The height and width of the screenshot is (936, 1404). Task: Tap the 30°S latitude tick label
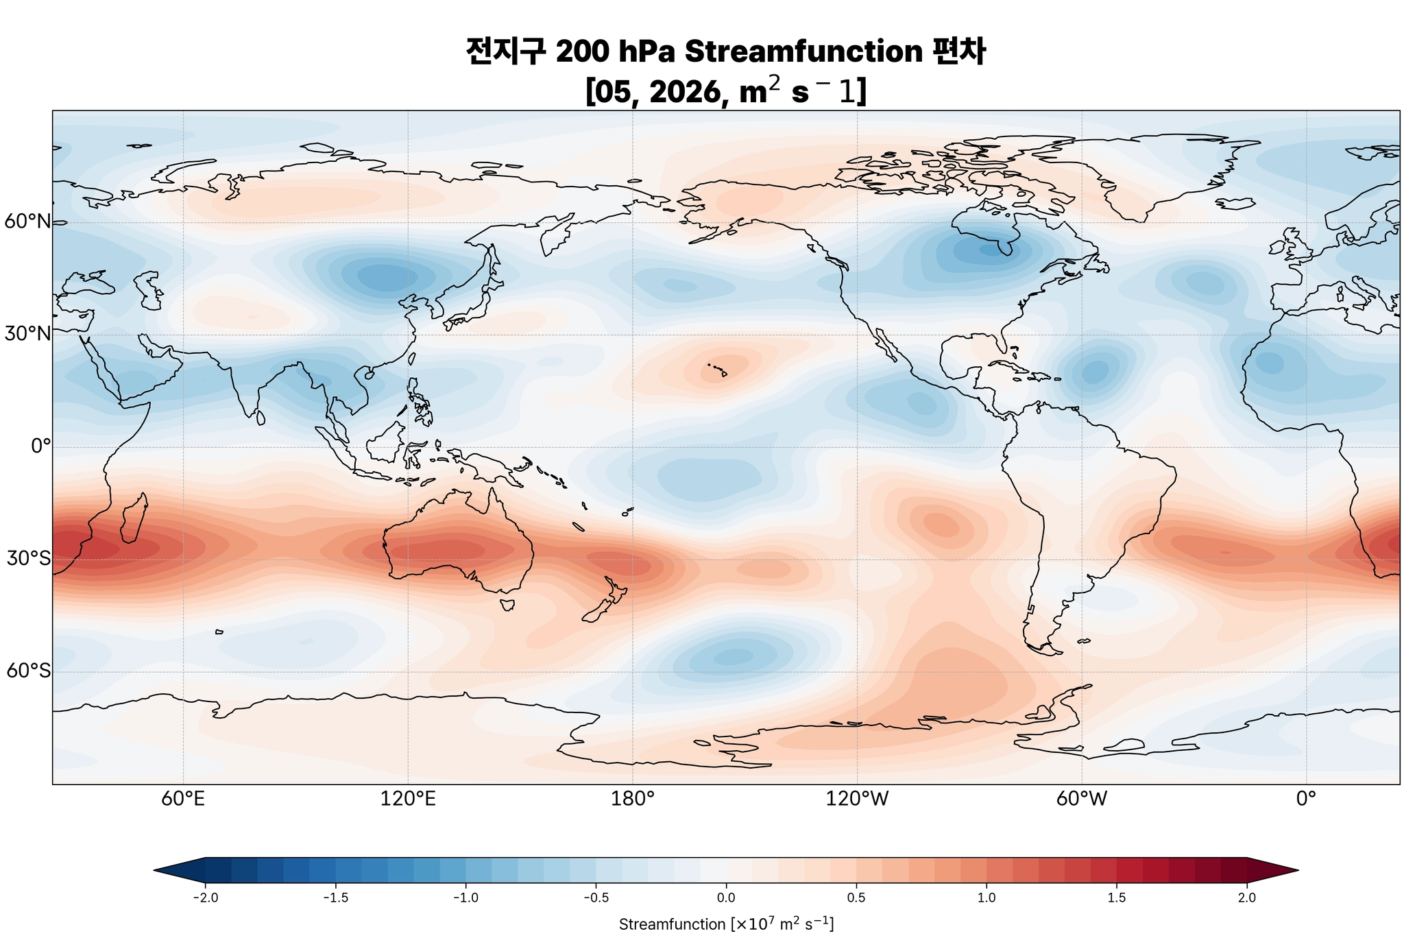(x=28, y=559)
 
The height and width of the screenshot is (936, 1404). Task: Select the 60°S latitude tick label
(x=28, y=671)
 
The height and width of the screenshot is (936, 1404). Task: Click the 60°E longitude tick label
(x=183, y=800)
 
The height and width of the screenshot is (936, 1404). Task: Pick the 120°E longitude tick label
(x=408, y=800)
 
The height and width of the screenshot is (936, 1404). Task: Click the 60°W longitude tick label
(x=1082, y=800)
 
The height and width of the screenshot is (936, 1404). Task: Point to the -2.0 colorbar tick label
(x=205, y=898)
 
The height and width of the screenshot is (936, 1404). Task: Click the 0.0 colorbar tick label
(x=726, y=898)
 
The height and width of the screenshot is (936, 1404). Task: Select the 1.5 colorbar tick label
(x=1117, y=898)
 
